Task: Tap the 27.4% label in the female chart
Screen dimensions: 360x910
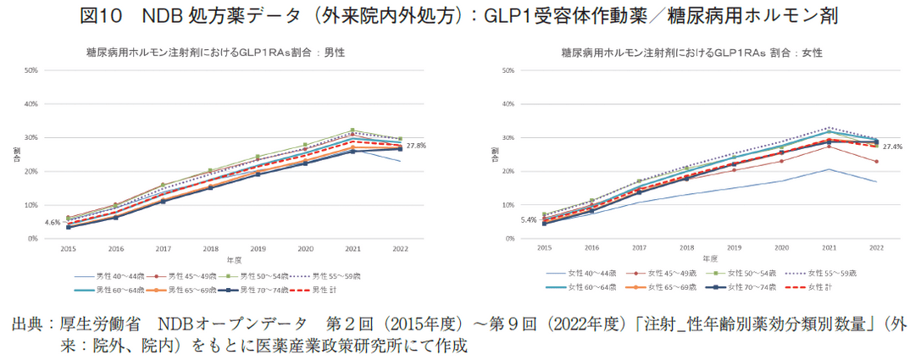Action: (891, 147)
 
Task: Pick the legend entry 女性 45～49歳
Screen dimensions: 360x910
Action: (650, 274)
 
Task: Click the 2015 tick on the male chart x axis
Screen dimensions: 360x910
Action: (68, 249)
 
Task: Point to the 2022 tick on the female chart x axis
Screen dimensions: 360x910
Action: (876, 247)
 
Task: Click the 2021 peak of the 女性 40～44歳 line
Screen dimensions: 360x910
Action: (829, 169)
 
